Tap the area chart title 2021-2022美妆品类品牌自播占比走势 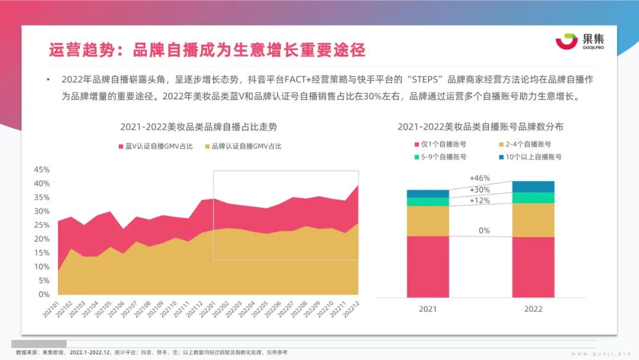click(198, 127)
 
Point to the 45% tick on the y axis click(41, 169)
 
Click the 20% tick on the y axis click(41, 239)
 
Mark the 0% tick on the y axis click(44, 294)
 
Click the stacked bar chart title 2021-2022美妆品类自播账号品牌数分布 click(480, 127)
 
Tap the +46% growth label click(479, 178)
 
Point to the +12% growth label click(479, 200)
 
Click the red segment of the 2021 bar click(428, 266)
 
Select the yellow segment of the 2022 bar click(533, 220)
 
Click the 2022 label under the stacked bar click(533, 309)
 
